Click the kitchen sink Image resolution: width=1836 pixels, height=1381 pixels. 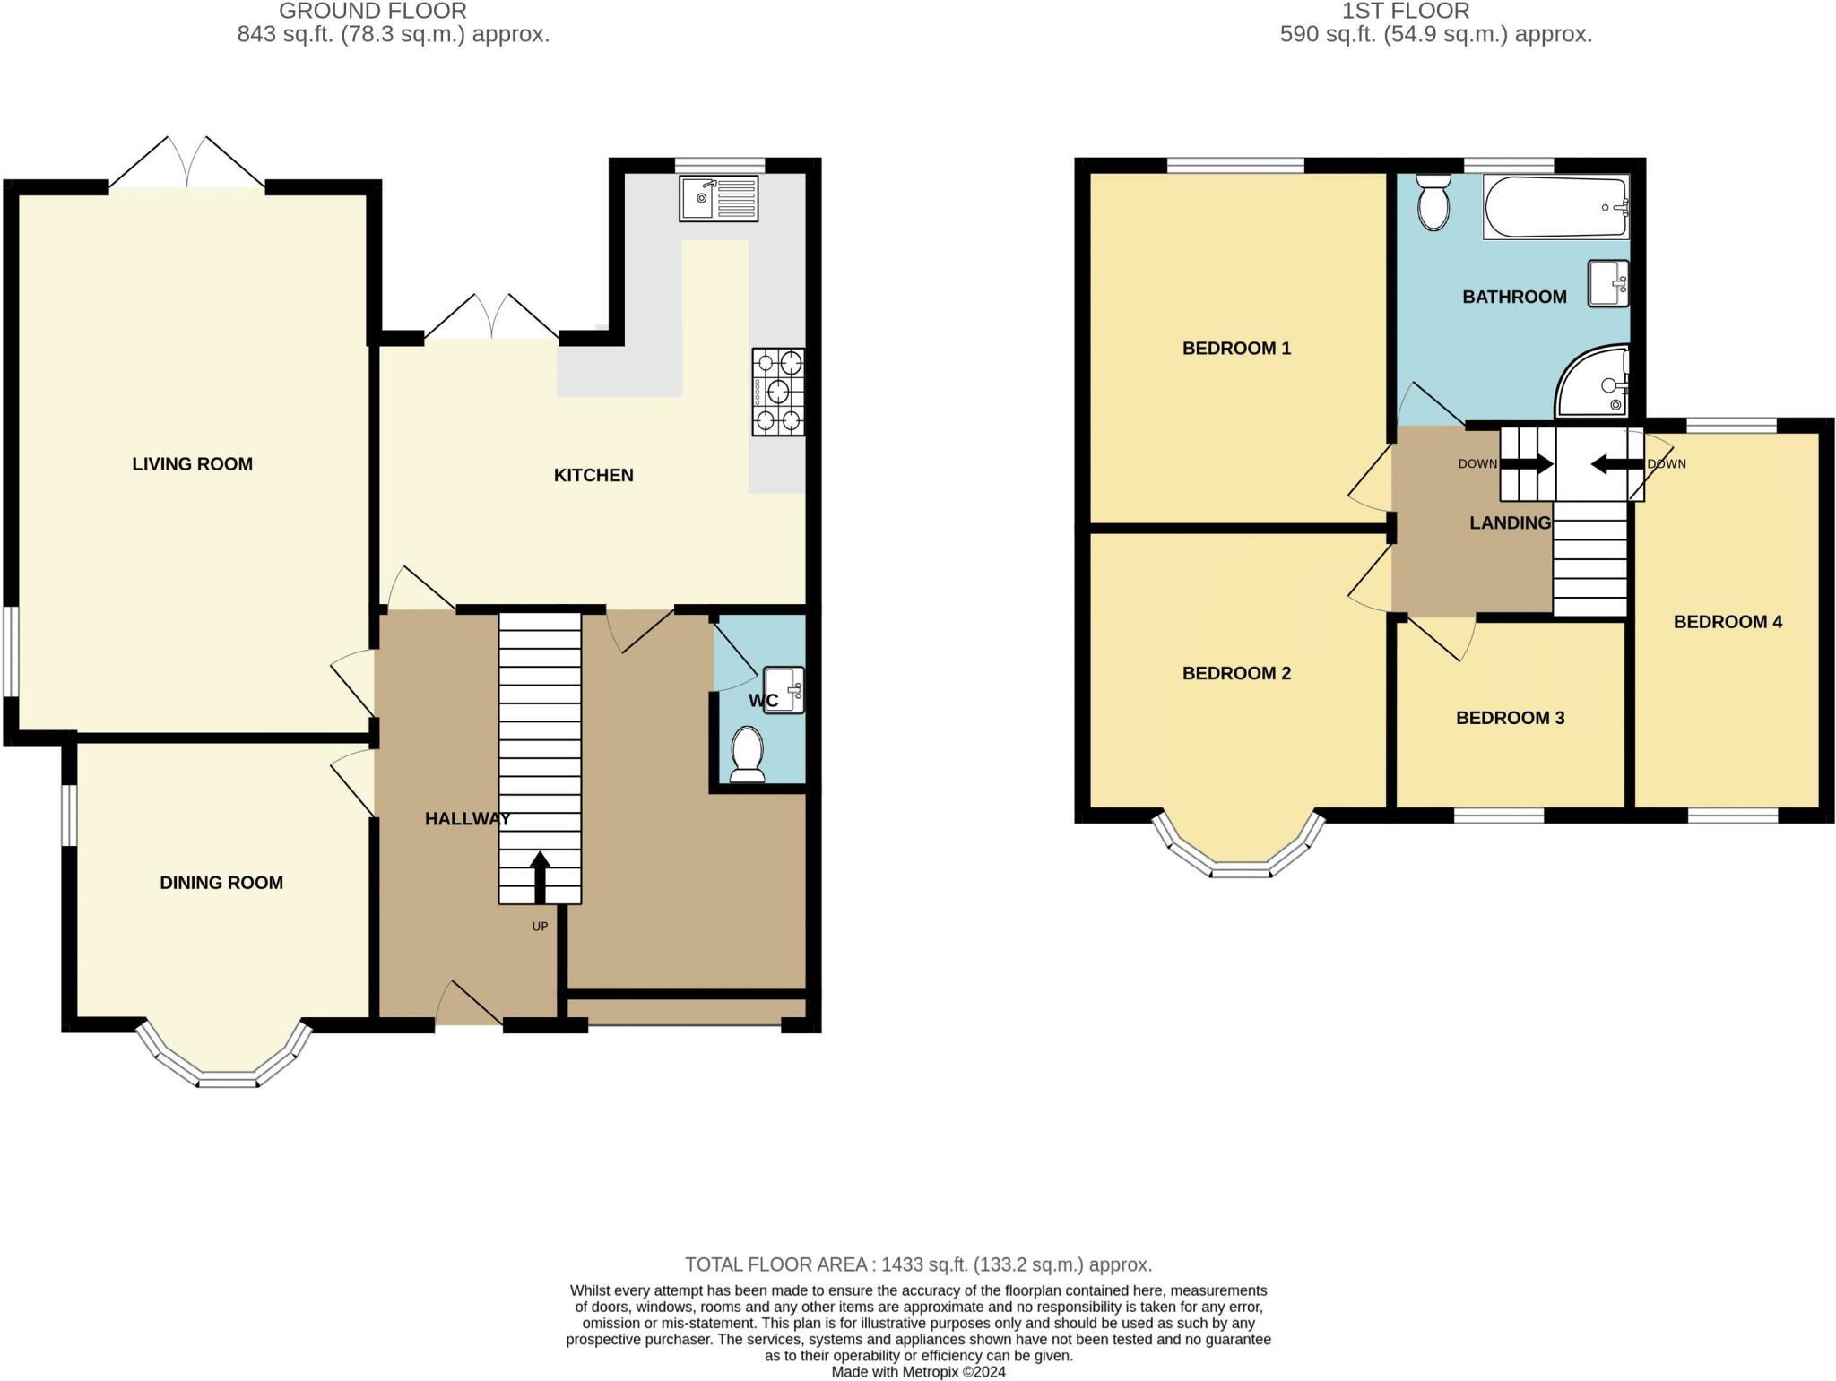point(718,197)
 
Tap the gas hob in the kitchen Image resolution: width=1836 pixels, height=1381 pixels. point(778,392)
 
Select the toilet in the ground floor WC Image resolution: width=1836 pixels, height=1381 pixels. point(747,754)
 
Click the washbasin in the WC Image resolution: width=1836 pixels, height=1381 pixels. point(784,690)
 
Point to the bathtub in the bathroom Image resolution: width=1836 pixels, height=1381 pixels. point(1556,207)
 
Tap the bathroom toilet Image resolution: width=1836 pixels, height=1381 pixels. point(1434,201)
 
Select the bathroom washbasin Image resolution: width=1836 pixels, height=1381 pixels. point(1608,283)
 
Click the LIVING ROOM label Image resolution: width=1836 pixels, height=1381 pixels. point(193,463)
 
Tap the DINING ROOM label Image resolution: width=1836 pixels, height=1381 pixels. point(221,883)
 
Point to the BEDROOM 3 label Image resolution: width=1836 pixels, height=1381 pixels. point(1511,718)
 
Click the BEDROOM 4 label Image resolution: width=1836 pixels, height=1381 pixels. point(1728,622)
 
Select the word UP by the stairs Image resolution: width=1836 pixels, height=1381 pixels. point(540,927)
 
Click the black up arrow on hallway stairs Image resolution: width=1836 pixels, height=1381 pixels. point(540,877)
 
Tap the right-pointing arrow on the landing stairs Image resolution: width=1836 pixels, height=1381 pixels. point(1527,464)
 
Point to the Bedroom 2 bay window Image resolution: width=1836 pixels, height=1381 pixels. point(1238,846)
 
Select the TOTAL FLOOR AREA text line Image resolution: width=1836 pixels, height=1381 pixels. point(918,1264)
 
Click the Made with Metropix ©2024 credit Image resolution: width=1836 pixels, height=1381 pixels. point(918,1372)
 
